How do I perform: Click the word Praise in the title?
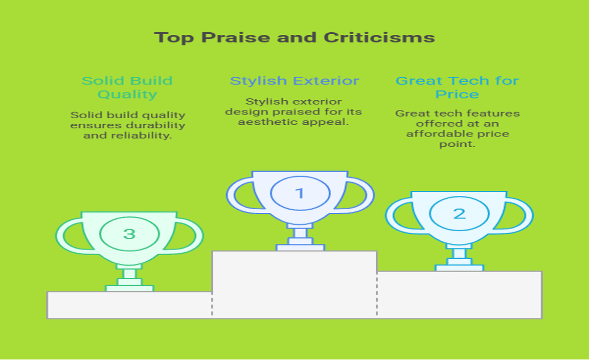[x=235, y=37]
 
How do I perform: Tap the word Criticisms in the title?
[x=379, y=37]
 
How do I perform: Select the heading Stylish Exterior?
[x=294, y=81]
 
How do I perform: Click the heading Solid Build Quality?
[x=127, y=87]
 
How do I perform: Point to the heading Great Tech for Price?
[x=457, y=87]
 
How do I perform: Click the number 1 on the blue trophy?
[x=300, y=193]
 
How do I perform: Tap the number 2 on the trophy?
[x=459, y=214]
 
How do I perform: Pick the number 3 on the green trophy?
[x=129, y=234]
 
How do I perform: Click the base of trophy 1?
[x=300, y=247]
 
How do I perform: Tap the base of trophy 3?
[x=129, y=288]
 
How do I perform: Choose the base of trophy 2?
[x=460, y=268]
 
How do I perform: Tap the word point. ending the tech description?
[x=457, y=144]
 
